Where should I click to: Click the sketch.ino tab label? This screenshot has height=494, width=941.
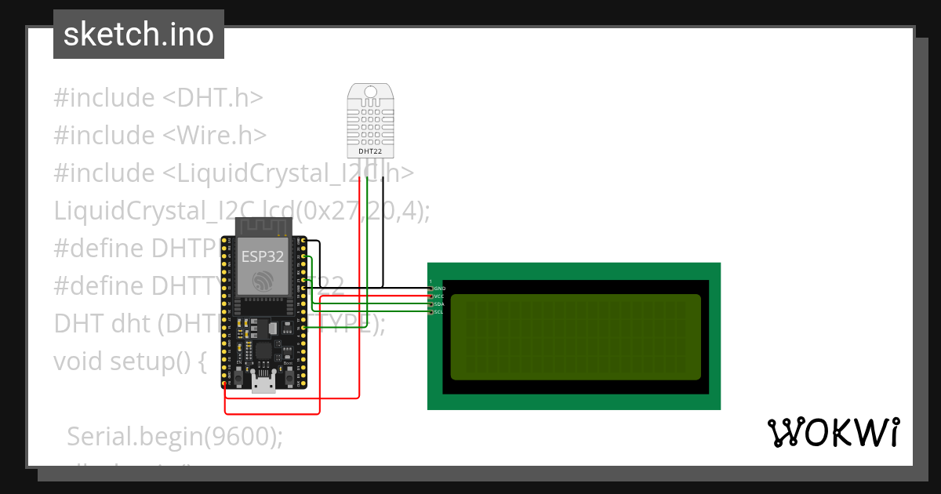pyautogui.click(x=139, y=35)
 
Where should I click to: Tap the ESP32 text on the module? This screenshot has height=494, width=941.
pyautogui.click(x=263, y=255)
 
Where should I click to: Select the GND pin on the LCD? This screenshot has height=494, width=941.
pyautogui.click(x=431, y=289)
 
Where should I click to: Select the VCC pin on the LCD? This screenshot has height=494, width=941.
pyautogui.click(x=431, y=296)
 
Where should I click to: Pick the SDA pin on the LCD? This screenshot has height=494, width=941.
pyautogui.click(x=431, y=304)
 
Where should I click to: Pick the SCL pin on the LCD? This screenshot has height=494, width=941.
pyautogui.click(x=431, y=312)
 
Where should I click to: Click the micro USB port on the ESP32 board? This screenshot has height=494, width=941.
pyautogui.click(x=263, y=383)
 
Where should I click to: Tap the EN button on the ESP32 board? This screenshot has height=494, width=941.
pyautogui.click(x=238, y=379)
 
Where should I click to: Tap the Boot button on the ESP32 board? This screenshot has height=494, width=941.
pyautogui.click(x=289, y=379)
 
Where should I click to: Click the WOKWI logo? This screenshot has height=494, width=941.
pyautogui.click(x=832, y=432)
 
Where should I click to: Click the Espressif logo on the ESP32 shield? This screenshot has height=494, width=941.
pyautogui.click(x=263, y=279)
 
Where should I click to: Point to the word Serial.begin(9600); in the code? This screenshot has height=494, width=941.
pyautogui.click(x=175, y=436)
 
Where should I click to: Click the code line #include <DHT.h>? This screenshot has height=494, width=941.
pyautogui.click(x=158, y=98)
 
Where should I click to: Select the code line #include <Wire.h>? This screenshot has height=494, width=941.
pyautogui.click(x=160, y=136)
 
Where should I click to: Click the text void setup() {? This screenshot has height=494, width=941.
pyautogui.click(x=129, y=361)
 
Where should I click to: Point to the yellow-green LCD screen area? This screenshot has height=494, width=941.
pyautogui.click(x=575, y=336)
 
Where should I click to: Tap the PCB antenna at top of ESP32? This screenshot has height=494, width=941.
pyautogui.click(x=263, y=227)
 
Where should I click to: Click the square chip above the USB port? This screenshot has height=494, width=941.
pyautogui.click(x=264, y=351)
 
